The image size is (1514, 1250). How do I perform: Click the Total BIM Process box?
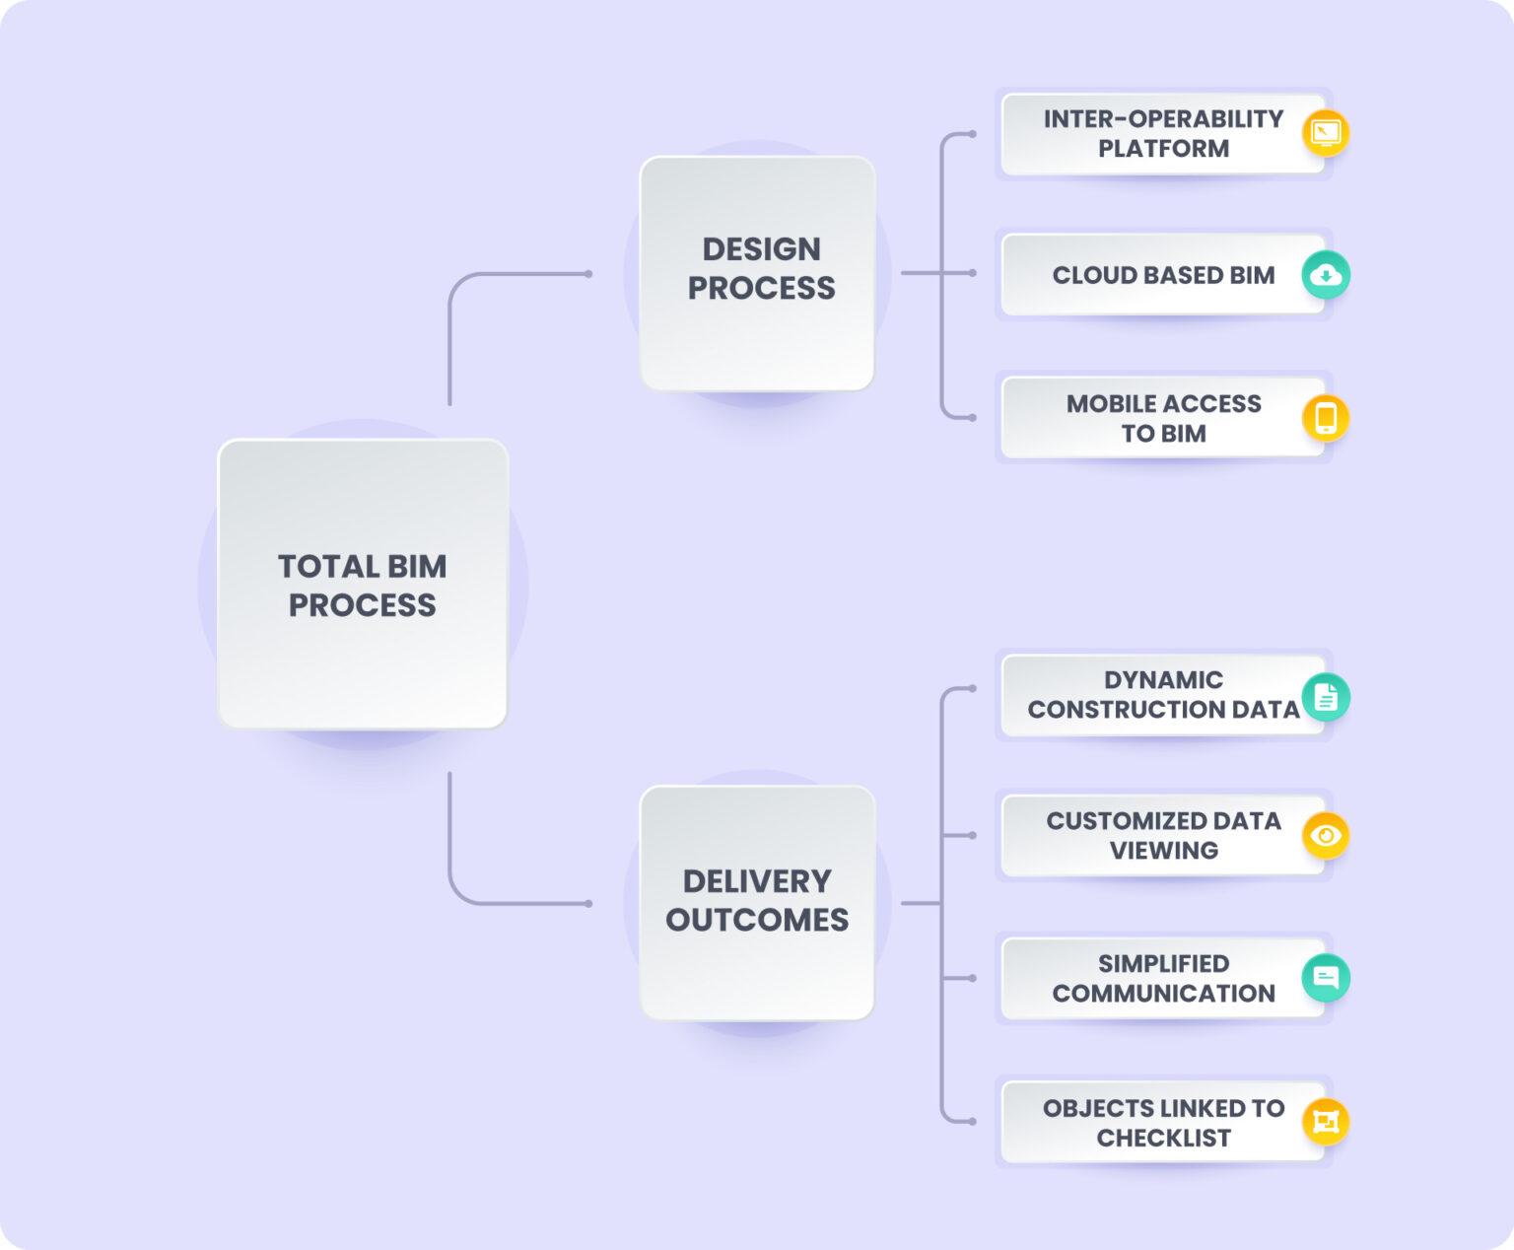(x=363, y=584)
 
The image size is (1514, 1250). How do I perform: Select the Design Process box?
(x=758, y=273)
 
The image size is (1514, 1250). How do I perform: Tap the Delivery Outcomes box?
(x=758, y=903)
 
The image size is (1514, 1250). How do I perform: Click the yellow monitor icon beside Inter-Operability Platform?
(x=1326, y=133)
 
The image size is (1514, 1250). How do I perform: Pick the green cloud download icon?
(x=1326, y=275)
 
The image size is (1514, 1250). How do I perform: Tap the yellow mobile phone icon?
(x=1326, y=418)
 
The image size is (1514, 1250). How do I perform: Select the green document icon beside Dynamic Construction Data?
(x=1326, y=698)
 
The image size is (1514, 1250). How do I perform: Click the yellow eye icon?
(x=1326, y=835)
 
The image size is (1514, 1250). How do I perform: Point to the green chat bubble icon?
(x=1326, y=978)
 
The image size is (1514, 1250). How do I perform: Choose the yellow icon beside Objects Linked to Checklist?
(x=1326, y=1122)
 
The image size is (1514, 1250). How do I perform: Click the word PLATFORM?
(x=1164, y=149)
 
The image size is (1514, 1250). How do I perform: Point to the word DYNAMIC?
(x=1164, y=680)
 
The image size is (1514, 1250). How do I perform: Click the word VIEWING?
(x=1164, y=851)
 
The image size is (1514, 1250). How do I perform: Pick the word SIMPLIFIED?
(x=1164, y=963)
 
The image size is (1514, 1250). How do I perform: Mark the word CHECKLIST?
(x=1164, y=1139)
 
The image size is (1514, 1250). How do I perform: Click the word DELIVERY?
(x=757, y=882)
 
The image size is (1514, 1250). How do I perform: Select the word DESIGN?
(x=761, y=249)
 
